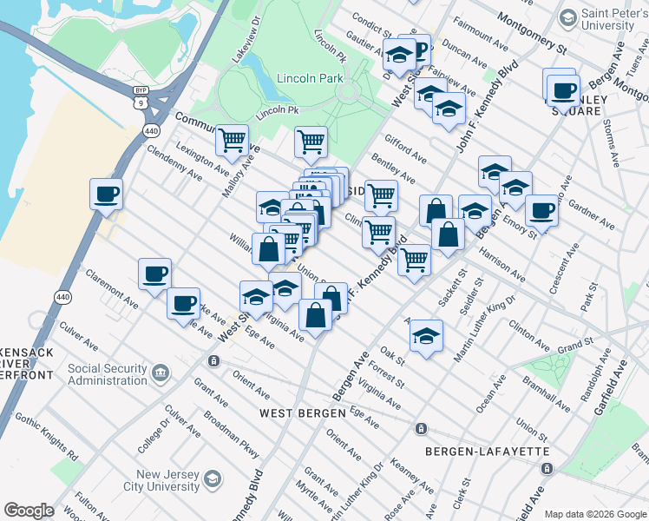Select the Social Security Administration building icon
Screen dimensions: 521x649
pos(161,373)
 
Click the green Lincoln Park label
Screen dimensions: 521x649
pos(311,78)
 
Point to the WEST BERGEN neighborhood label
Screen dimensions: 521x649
pos(304,413)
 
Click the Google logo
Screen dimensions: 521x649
pos(29,511)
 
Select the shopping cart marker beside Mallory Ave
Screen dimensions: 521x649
pos(232,140)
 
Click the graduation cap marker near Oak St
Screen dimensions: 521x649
pos(426,336)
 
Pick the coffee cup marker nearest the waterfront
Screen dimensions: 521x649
pos(106,194)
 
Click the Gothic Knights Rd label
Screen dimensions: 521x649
pos(48,444)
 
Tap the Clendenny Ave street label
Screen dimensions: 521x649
pos(174,162)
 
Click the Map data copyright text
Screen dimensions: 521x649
pos(594,513)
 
